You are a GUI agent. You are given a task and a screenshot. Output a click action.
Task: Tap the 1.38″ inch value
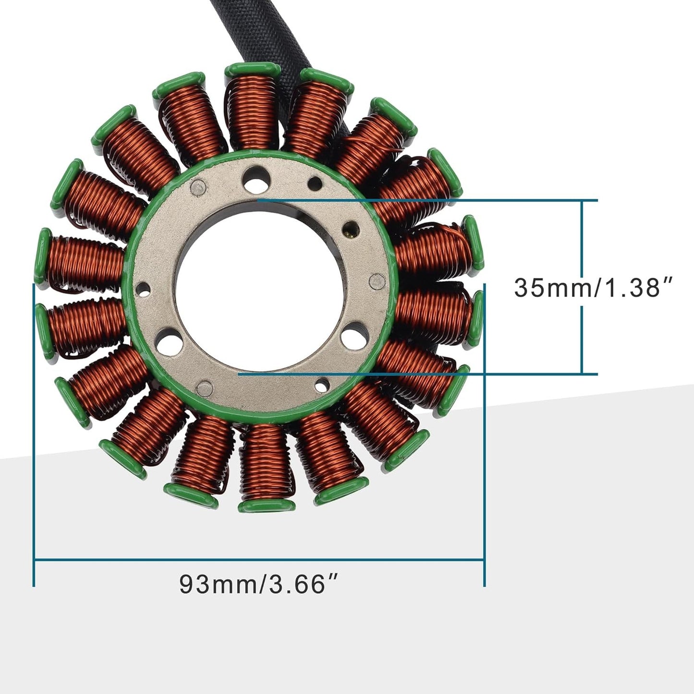636,288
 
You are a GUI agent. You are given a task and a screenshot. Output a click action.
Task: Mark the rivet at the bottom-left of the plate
206,386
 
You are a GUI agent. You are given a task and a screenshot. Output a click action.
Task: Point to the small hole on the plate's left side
143,289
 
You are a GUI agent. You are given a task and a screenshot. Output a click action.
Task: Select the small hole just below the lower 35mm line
323,383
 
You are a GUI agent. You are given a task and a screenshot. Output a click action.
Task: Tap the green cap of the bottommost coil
267,506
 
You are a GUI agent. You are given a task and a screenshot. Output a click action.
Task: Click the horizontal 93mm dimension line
259,559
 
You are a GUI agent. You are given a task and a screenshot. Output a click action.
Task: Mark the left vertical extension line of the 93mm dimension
34,432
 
